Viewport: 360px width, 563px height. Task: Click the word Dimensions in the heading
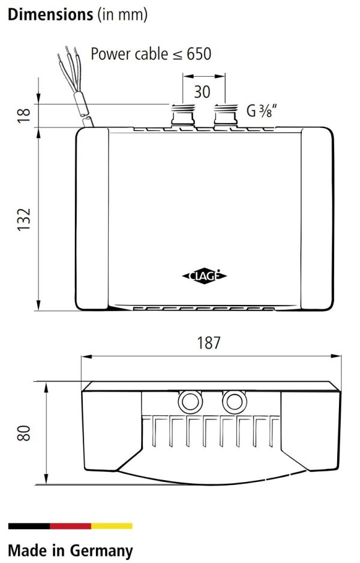coord(50,14)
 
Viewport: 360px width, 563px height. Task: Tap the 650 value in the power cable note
coord(199,54)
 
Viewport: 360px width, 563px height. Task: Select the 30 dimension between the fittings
coord(202,92)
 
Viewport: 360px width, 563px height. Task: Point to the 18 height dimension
coord(24,116)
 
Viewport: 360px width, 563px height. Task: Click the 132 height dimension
coord(24,219)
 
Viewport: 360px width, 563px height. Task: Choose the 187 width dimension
coord(209,343)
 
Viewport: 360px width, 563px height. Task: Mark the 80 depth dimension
coord(24,433)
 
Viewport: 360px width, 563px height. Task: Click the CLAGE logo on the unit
coord(205,276)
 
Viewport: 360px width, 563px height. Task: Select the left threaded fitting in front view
coord(183,115)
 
